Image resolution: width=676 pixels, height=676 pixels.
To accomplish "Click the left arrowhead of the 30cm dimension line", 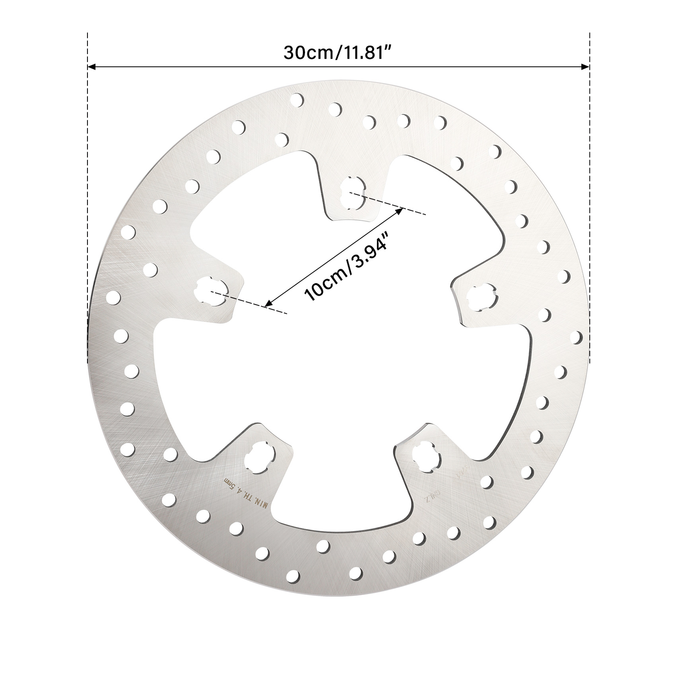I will pyautogui.click(x=91, y=66).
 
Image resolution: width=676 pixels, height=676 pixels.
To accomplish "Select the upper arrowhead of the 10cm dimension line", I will pyautogui.click(x=399, y=210).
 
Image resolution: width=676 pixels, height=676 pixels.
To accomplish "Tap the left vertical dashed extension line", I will pyautogui.click(x=87, y=169).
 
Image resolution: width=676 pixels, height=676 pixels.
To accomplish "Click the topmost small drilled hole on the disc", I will pyautogui.click(x=297, y=100).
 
